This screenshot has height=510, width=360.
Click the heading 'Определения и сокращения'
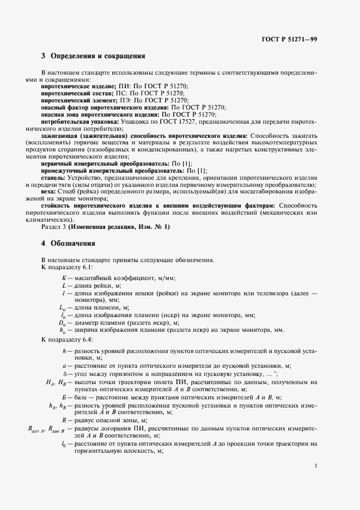point(97,56)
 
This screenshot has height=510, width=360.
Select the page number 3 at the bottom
point(316,465)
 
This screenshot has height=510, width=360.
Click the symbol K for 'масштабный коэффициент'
point(64,278)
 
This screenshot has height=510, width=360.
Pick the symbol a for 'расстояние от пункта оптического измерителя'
point(64,366)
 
